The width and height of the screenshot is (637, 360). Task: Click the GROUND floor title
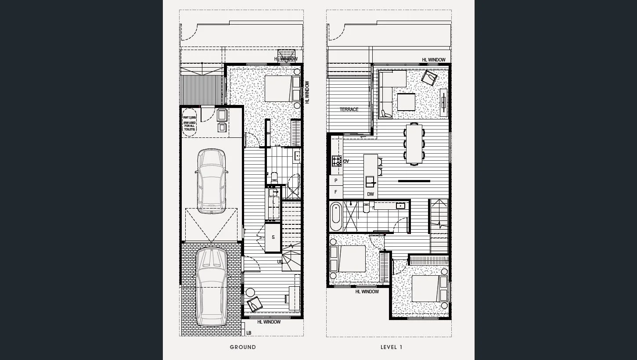(x=243, y=347)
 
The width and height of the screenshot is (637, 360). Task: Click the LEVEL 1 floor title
(x=391, y=347)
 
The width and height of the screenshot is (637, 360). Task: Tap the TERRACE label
(x=349, y=109)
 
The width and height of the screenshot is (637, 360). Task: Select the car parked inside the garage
(x=212, y=181)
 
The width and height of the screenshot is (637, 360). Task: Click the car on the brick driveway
(x=211, y=286)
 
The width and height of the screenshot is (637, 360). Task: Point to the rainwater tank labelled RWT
(x=190, y=122)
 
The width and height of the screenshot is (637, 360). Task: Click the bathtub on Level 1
(x=336, y=216)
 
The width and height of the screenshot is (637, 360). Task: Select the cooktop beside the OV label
(x=336, y=161)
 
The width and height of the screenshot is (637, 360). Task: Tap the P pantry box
(x=336, y=180)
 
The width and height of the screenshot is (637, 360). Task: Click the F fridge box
(x=336, y=192)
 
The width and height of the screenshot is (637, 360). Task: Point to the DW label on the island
(x=371, y=194)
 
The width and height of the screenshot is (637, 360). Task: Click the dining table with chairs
(x=414, y=144)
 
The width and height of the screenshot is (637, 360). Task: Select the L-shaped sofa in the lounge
(x=389, y=90)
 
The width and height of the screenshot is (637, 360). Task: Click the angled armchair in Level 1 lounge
(x=429, y=78)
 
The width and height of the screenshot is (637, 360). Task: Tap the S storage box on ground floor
(x=273, y=237)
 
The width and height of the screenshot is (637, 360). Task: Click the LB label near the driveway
(x=249, y=333)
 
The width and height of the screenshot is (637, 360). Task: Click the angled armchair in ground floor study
(x=255, y=303)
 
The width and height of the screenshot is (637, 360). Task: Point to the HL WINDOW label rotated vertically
(x=307, y=92)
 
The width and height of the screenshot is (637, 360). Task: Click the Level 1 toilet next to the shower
(x=366, y=208)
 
